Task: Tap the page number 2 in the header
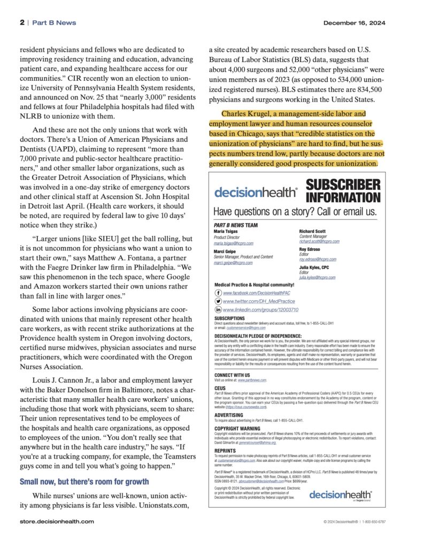click(x=22, y=23)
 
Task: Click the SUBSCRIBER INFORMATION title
click(x=343, y=192)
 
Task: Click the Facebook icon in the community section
click(x=218, y=293)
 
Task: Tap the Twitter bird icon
click(x=218, y=301)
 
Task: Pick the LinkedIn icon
click(x=218, y=309)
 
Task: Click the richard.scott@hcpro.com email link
click(x=319, y=241)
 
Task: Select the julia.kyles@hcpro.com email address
click(x=317, y=278)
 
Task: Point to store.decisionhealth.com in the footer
click(x=57, y=521)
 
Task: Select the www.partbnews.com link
click(x=252, y=379)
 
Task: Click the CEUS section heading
click(x=220, y=389)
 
